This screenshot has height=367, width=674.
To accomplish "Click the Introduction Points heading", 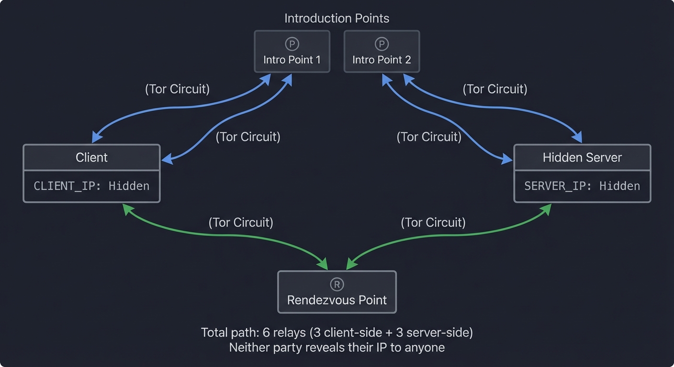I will [x=337, y=19].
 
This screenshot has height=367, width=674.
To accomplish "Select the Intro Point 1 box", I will [x=292, y=52].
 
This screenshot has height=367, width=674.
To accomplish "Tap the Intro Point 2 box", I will [x=382, y=52].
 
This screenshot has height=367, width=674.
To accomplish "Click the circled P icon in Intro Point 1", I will [x=292, y=44].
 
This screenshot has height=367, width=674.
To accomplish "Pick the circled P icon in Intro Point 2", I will [x=382, y=44].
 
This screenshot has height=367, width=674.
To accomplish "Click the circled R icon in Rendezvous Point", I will [x=337, y=285].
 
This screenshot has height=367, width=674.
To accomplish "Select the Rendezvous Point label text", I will [x=337, y=300].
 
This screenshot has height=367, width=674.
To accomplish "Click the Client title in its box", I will [x=91, y=158].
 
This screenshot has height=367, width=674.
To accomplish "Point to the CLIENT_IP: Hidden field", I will [x=91, y=186].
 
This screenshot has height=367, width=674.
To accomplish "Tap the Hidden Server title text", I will [x=582, y=158].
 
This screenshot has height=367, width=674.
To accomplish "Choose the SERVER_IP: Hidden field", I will [x=582, y=186].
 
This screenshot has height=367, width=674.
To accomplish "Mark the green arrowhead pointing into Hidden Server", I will [x=547, y=209].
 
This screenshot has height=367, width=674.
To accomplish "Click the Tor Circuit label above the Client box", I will [x=177, y=89].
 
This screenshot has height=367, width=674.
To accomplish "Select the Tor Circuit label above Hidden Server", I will [x=495, y=89].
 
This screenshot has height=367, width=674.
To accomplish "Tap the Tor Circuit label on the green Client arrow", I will [x=241, y=222].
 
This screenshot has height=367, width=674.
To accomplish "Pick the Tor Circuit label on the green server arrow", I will [x=433, y=222].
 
